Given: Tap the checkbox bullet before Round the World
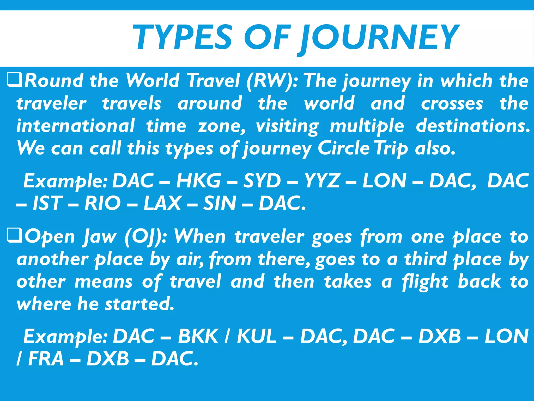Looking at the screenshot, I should (14, 80).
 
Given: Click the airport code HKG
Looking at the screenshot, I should (198, 181).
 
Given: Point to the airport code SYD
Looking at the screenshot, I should (262, 181).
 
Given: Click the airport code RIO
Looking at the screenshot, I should (102, 203).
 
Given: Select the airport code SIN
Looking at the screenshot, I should (220, 203).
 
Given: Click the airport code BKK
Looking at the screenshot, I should (198, 336).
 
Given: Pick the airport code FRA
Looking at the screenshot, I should (46, 359).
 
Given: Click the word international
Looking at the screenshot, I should (76, 126).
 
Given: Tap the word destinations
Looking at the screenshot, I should (472, 126).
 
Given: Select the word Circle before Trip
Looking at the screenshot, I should (343, 148).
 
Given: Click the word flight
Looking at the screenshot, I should (425, 282).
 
